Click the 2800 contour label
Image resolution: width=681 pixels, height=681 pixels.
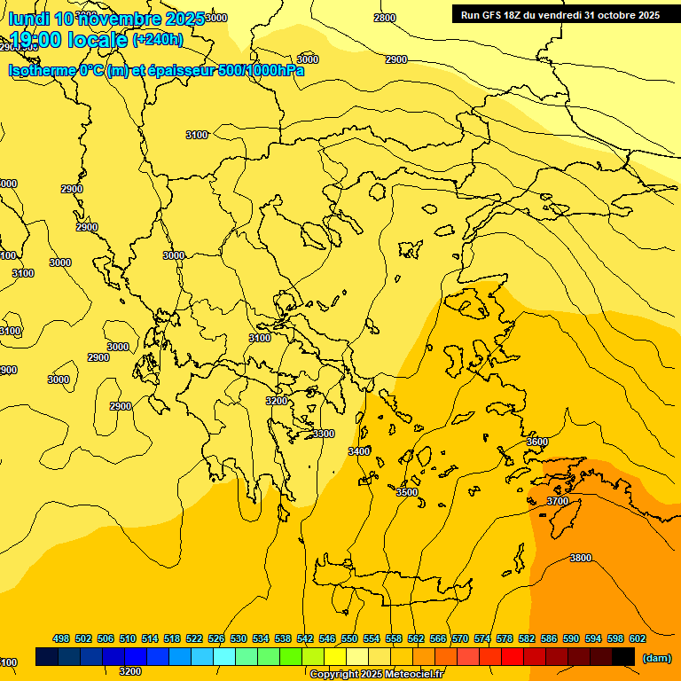[x=385, y=18]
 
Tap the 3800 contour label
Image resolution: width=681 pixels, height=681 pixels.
[x=581, y=558]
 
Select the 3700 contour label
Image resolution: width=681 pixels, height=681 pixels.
[x=558, y=501]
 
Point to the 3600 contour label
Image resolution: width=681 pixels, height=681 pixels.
[x=537, y=442]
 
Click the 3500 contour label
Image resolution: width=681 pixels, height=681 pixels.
[x=407, y=492]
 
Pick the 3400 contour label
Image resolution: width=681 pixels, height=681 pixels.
[x=359, y=451]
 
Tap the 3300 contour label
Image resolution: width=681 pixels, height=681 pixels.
[x=324, y=434]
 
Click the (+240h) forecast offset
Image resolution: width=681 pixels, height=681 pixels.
[x=158, y=40]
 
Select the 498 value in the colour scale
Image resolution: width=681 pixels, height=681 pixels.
[x=61, y=638]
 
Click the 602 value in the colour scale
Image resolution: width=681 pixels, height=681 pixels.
[x=638, y=638]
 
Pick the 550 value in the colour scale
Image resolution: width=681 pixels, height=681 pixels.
[x=349, y=638]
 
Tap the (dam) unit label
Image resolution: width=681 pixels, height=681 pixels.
[x=656, y=657]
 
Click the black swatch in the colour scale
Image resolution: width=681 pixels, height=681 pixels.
[x=623, y=656]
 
